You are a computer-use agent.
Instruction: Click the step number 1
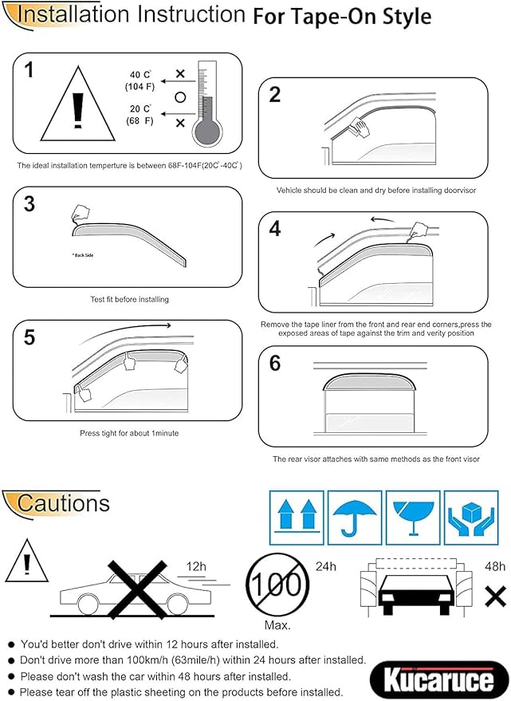(29, 70)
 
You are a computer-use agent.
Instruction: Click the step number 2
(275, 95)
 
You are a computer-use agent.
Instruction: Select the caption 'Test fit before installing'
(129, 300)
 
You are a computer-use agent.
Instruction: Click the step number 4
(275, 229)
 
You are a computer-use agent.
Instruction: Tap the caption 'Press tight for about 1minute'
(128, 433)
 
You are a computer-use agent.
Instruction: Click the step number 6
(275, 364)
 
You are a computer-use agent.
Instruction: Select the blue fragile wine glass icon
(413, 512)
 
